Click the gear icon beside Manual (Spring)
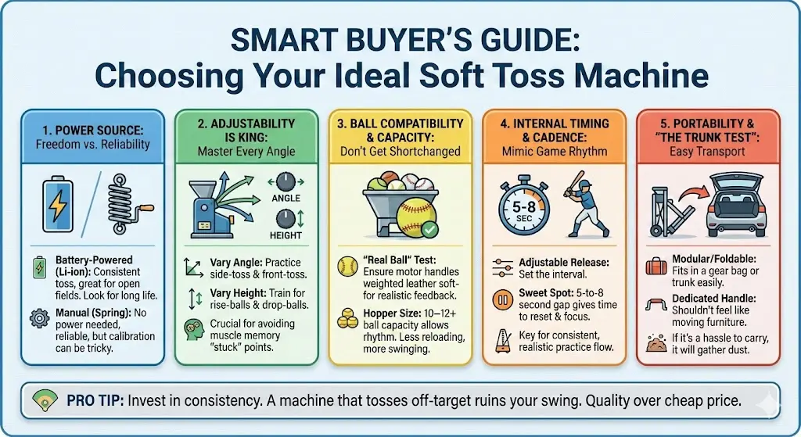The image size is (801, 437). [x=37, y=318]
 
